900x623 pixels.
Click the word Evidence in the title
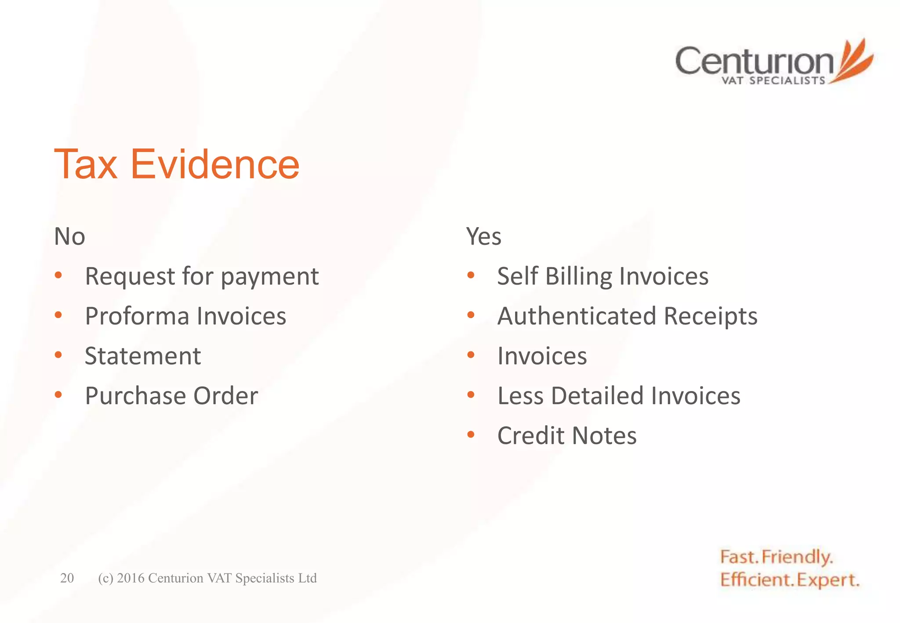point(215,164)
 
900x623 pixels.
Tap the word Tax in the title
point(86,164)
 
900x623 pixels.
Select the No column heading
point(69,236)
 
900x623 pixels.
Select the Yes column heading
point(483,236)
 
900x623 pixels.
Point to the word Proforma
point(137,316)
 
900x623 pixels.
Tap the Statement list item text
point(143,356)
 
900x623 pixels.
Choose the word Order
point(225,396)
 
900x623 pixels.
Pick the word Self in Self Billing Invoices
point(518,276)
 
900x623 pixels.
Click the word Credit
point(531,436)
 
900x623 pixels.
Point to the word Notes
point(604,436)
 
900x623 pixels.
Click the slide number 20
point(67,578)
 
